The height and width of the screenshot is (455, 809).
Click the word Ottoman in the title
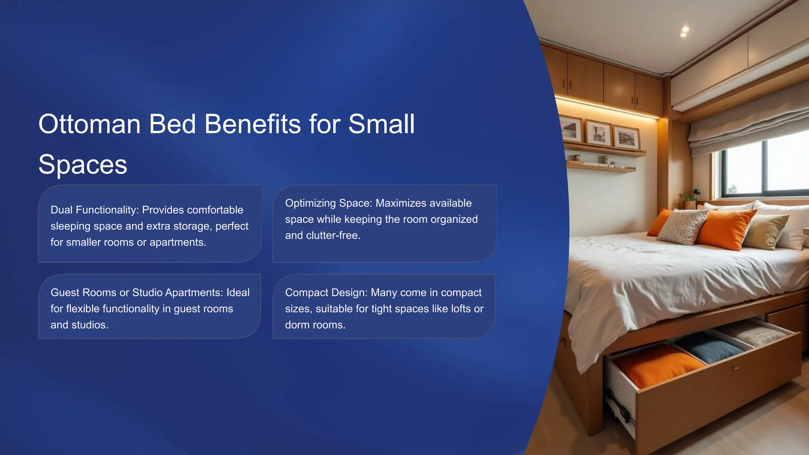click(x=89, y=124)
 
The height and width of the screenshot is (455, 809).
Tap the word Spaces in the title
click(x=83, y=164)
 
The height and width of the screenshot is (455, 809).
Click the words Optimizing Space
click(x=328, y=203)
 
